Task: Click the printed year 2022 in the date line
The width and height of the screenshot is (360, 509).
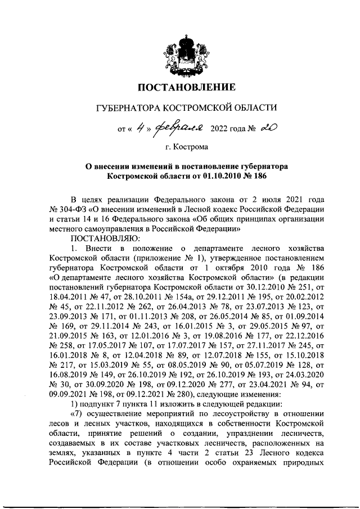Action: (x=220, y=129)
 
